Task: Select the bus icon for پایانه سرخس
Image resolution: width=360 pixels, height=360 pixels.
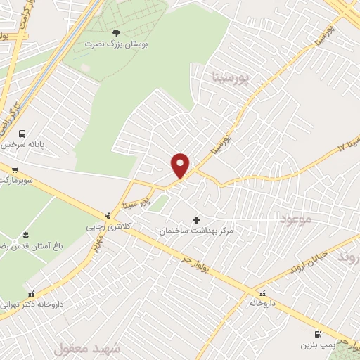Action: pos(22,133)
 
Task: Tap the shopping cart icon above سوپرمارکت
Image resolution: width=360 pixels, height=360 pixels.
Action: pos(14,169)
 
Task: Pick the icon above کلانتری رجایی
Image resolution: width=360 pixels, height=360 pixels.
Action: pos(107,214)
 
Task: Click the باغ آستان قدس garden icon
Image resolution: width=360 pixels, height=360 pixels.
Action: pos(26,233)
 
